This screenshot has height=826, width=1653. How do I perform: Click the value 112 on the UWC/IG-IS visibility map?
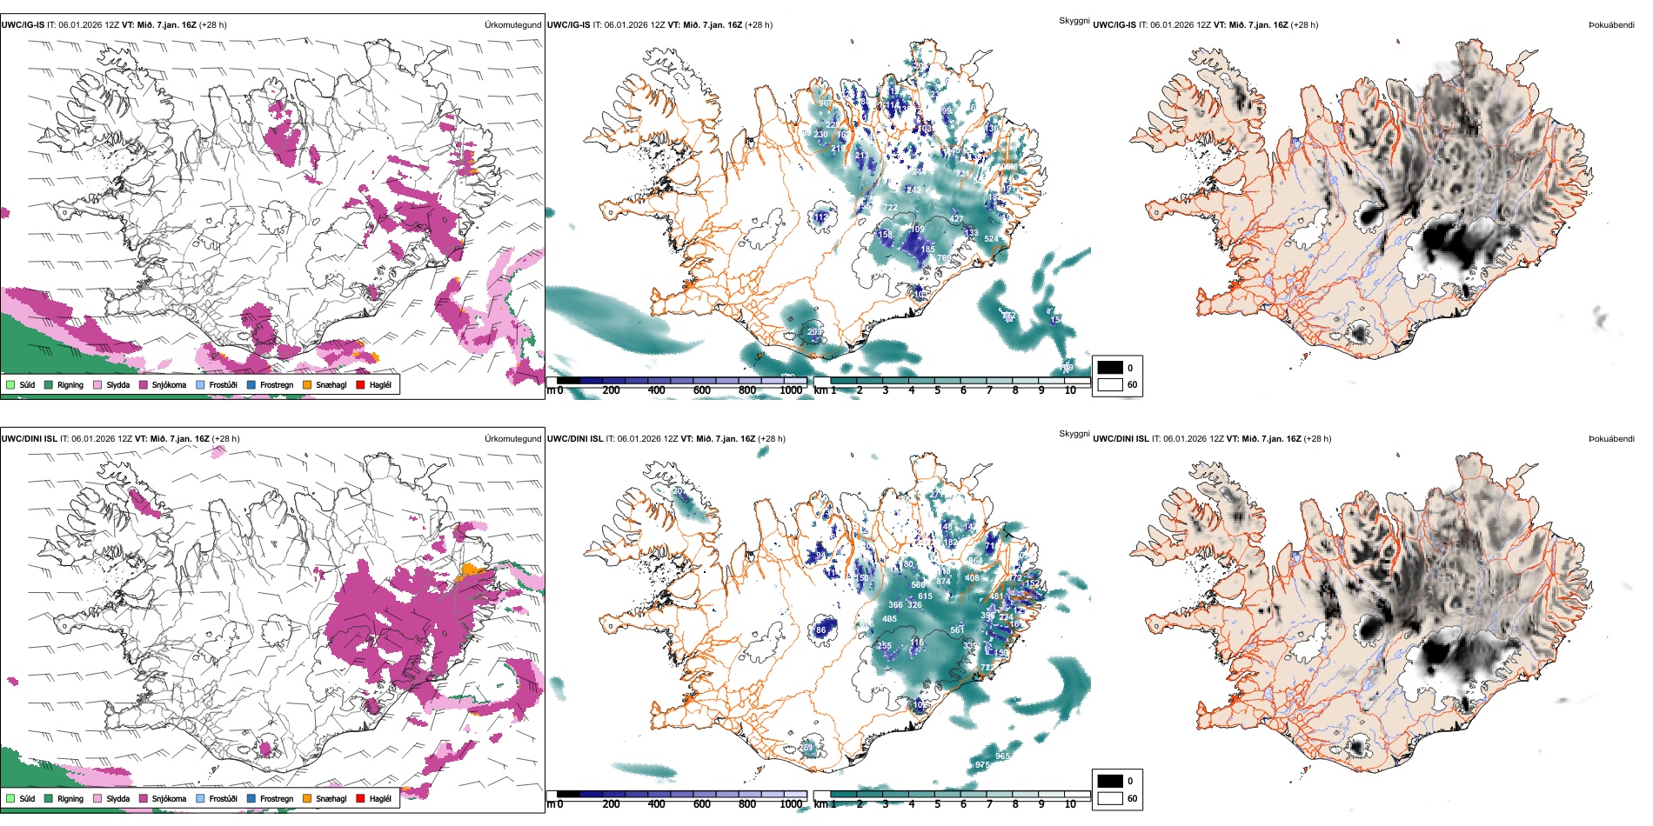821,217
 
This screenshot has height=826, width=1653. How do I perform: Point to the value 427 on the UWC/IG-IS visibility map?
956,219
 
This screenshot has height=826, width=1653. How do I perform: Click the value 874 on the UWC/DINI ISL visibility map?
943,582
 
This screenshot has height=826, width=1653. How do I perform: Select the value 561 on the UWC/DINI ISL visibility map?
957,630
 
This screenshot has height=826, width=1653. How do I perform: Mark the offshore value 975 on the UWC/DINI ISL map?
982,765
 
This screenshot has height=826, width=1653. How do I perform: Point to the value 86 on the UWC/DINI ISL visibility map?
820,630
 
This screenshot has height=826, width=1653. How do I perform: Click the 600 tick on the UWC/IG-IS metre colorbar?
702,390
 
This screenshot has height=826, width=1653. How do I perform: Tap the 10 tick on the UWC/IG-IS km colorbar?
1070,390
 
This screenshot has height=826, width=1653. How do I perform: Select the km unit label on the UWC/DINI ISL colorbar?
820,804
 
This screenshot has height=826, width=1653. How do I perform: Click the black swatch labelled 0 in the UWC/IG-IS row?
1110,367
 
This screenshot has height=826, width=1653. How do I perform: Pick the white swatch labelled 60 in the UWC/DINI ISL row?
1110,798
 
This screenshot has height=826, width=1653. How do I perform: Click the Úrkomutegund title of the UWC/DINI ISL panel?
512,438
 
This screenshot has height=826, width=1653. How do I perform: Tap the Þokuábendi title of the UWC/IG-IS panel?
1611,24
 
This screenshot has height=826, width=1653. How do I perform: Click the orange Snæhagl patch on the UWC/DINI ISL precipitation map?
471,570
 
